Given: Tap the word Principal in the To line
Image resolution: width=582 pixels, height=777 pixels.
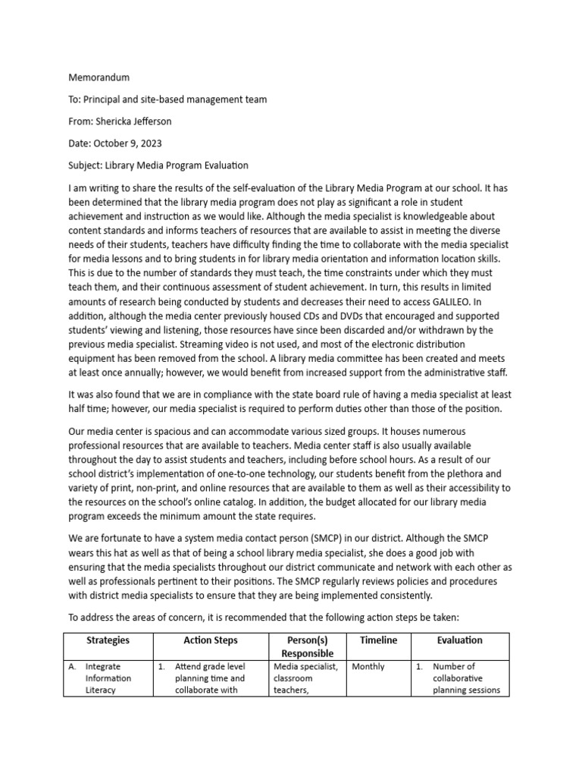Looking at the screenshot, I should coord(105,99).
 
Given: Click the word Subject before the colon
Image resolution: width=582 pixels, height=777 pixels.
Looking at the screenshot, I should coord(86,165).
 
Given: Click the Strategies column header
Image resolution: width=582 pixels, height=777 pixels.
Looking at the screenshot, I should coord(108,640).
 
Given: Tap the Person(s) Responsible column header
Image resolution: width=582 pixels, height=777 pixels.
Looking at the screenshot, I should coord(307,646).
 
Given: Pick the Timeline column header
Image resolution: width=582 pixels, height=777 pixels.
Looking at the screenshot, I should coord(378,640).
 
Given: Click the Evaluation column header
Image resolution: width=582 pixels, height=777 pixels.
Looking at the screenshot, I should coord(459,640).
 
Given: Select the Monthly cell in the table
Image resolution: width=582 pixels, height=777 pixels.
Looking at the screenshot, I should coord(368,667).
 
